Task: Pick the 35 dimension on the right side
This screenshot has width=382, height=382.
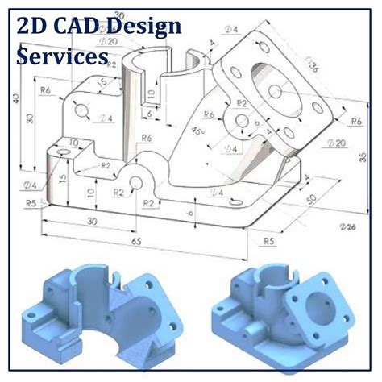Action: pyautogui.click(x=361, y=158)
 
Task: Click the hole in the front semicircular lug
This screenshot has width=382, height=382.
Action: pyautogui.click(x=136, y=182)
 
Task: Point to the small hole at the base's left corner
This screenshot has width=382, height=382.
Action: pyautogui.click(x=58, y=151)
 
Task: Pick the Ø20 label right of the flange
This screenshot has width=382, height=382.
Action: pyautogui.click(x=338, y=143)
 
